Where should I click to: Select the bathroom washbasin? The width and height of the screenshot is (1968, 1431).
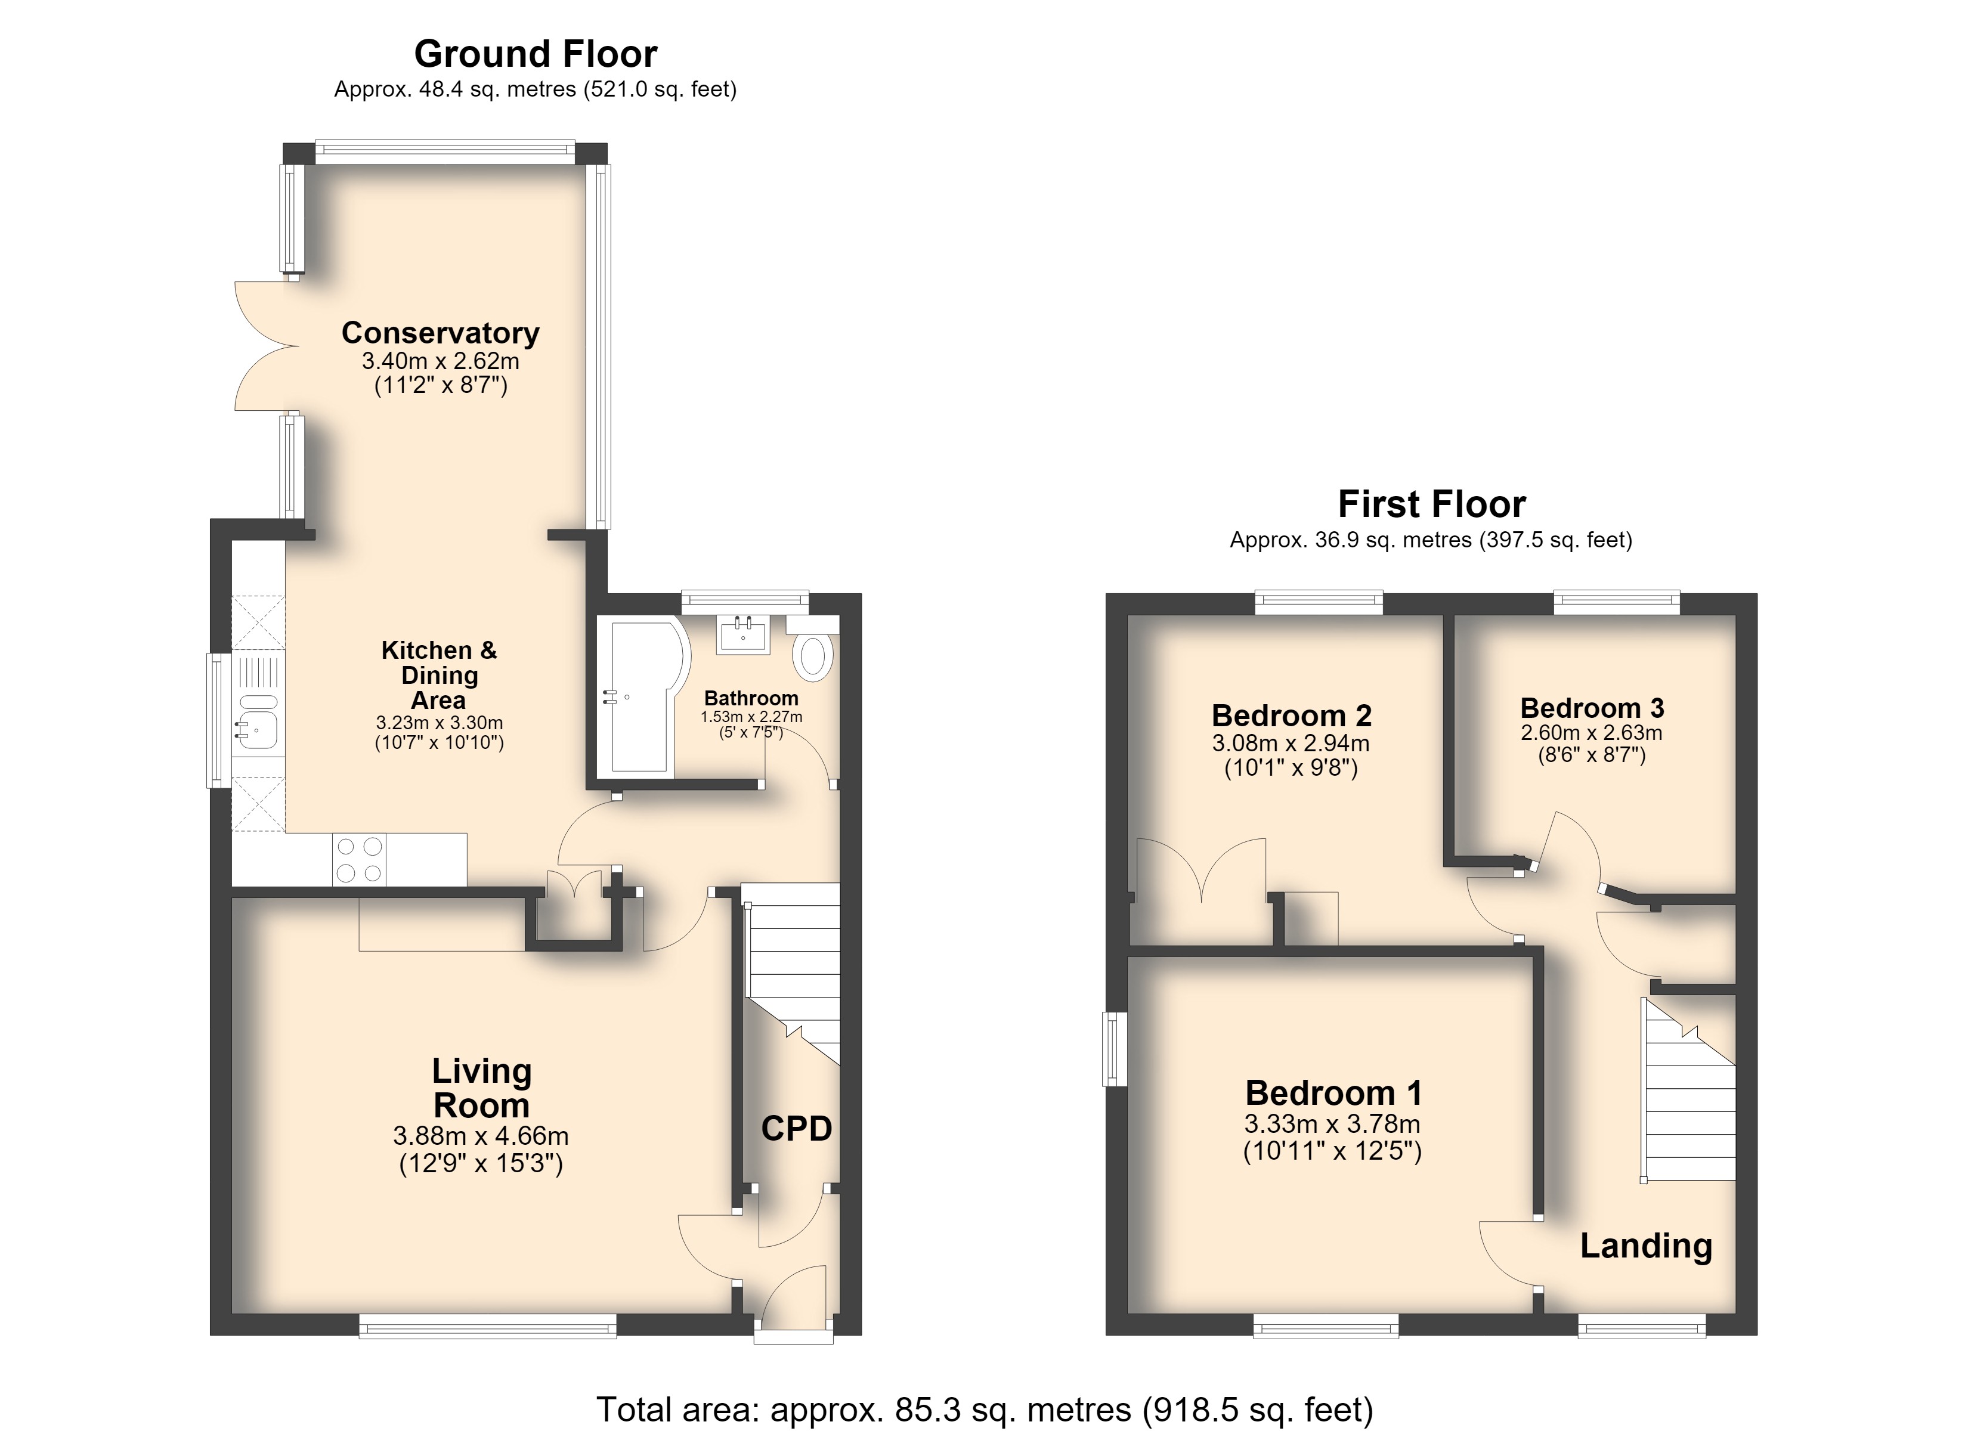click(x=743, y=633)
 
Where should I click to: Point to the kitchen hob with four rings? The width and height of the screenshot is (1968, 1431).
click(x=359, y=859)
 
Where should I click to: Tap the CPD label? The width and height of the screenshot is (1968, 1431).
click(x=797, y=1128)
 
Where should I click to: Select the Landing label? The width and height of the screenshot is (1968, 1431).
click(x=1646, y=1246)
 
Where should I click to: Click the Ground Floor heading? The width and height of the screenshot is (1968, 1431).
click(x=536, y=54)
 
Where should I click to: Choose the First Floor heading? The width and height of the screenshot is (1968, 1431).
click(x=1432, y=504)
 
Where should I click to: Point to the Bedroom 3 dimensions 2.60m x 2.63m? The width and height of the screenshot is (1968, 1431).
click(x=1592, y=732)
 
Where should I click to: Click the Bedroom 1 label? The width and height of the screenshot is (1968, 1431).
click(x=1333, y=1092)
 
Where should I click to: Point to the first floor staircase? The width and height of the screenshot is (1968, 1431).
click(x=1688, y=1089)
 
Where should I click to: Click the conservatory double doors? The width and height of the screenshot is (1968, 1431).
click(x=267, y=345)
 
